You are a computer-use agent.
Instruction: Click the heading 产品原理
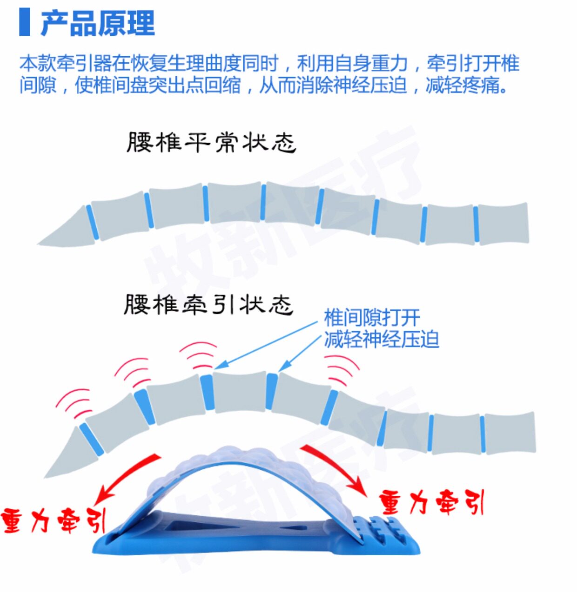coord(98,23)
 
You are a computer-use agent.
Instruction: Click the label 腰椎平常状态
coord(211,142)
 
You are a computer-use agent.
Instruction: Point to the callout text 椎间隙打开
coord(372,317)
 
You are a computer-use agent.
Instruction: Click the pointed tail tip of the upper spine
coord(38,244)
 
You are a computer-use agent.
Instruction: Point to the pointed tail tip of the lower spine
coord(45,477)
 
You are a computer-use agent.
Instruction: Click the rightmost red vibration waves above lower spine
coord(342,370)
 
